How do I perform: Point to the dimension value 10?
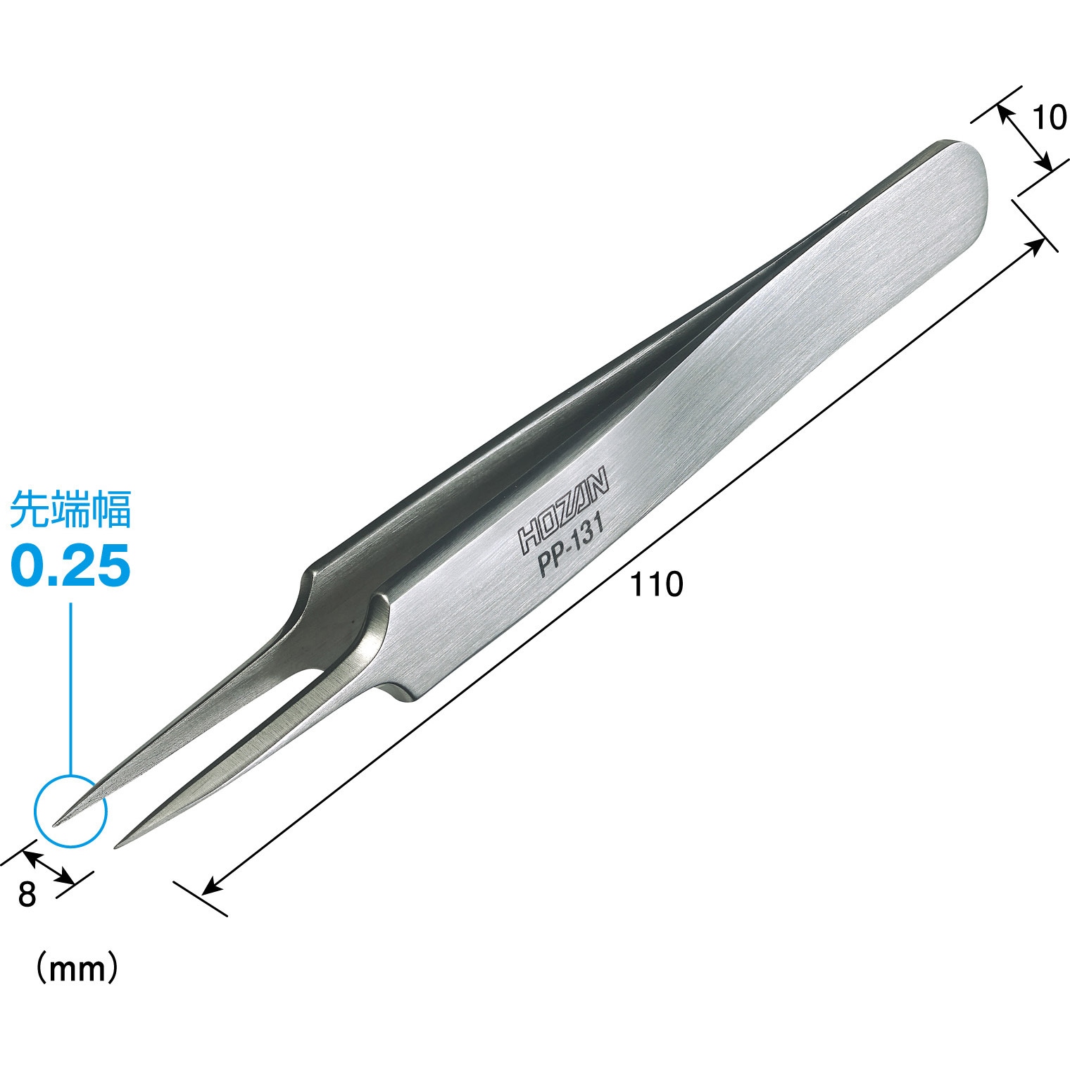(1050, 119)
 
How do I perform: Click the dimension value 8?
(27, 895)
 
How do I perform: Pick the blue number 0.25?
(70, 566)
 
